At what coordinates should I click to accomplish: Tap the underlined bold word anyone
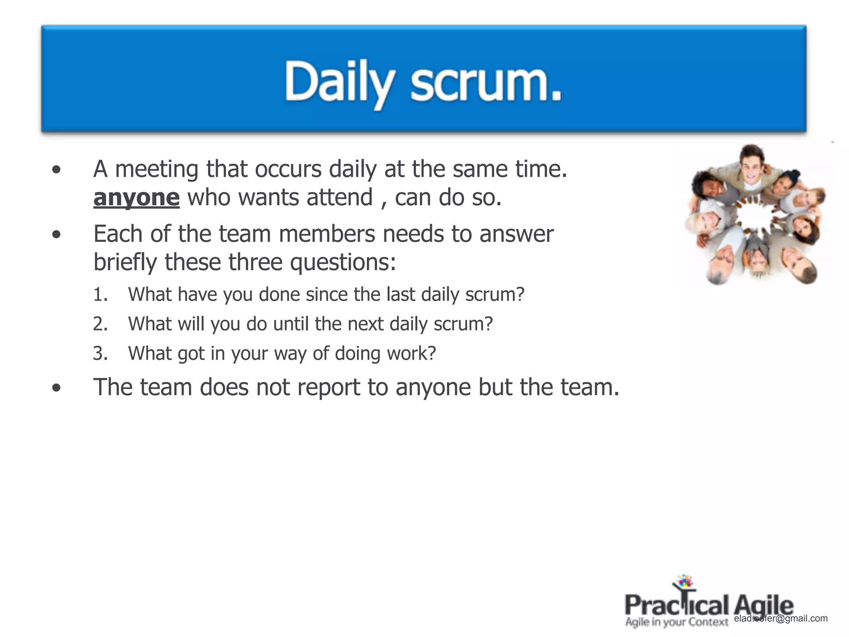(x=136, y=197)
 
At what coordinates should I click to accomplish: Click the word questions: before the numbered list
(x=343, y=262)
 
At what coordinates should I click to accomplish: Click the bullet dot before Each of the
(x=56, y=235)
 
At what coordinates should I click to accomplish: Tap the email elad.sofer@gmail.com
(x=781, y=618)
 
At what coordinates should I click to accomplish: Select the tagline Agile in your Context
(x=677, y=622)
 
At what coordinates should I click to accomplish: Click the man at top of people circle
(x=751, y=166)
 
